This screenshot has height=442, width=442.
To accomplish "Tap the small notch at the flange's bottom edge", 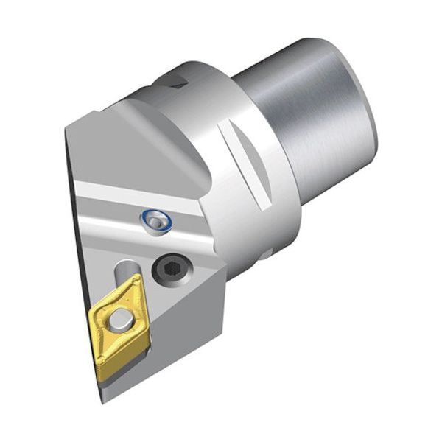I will point(265,254).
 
